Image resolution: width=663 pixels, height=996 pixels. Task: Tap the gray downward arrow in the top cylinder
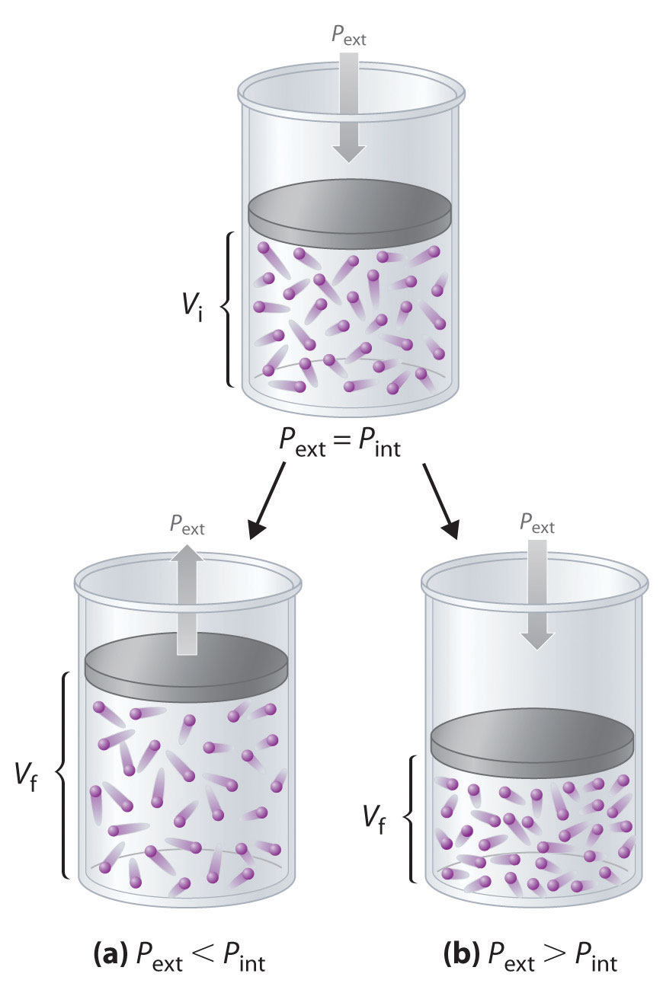pos(348,107)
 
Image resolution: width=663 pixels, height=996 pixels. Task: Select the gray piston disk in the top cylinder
pos(350,214)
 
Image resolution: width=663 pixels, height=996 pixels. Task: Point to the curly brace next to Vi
pos(227,309)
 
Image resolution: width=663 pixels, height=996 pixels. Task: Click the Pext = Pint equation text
pos(339,443)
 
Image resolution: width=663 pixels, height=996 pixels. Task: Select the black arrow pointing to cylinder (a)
pos(266,501)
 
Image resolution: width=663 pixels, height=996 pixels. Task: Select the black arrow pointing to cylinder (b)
pos(440,501)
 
